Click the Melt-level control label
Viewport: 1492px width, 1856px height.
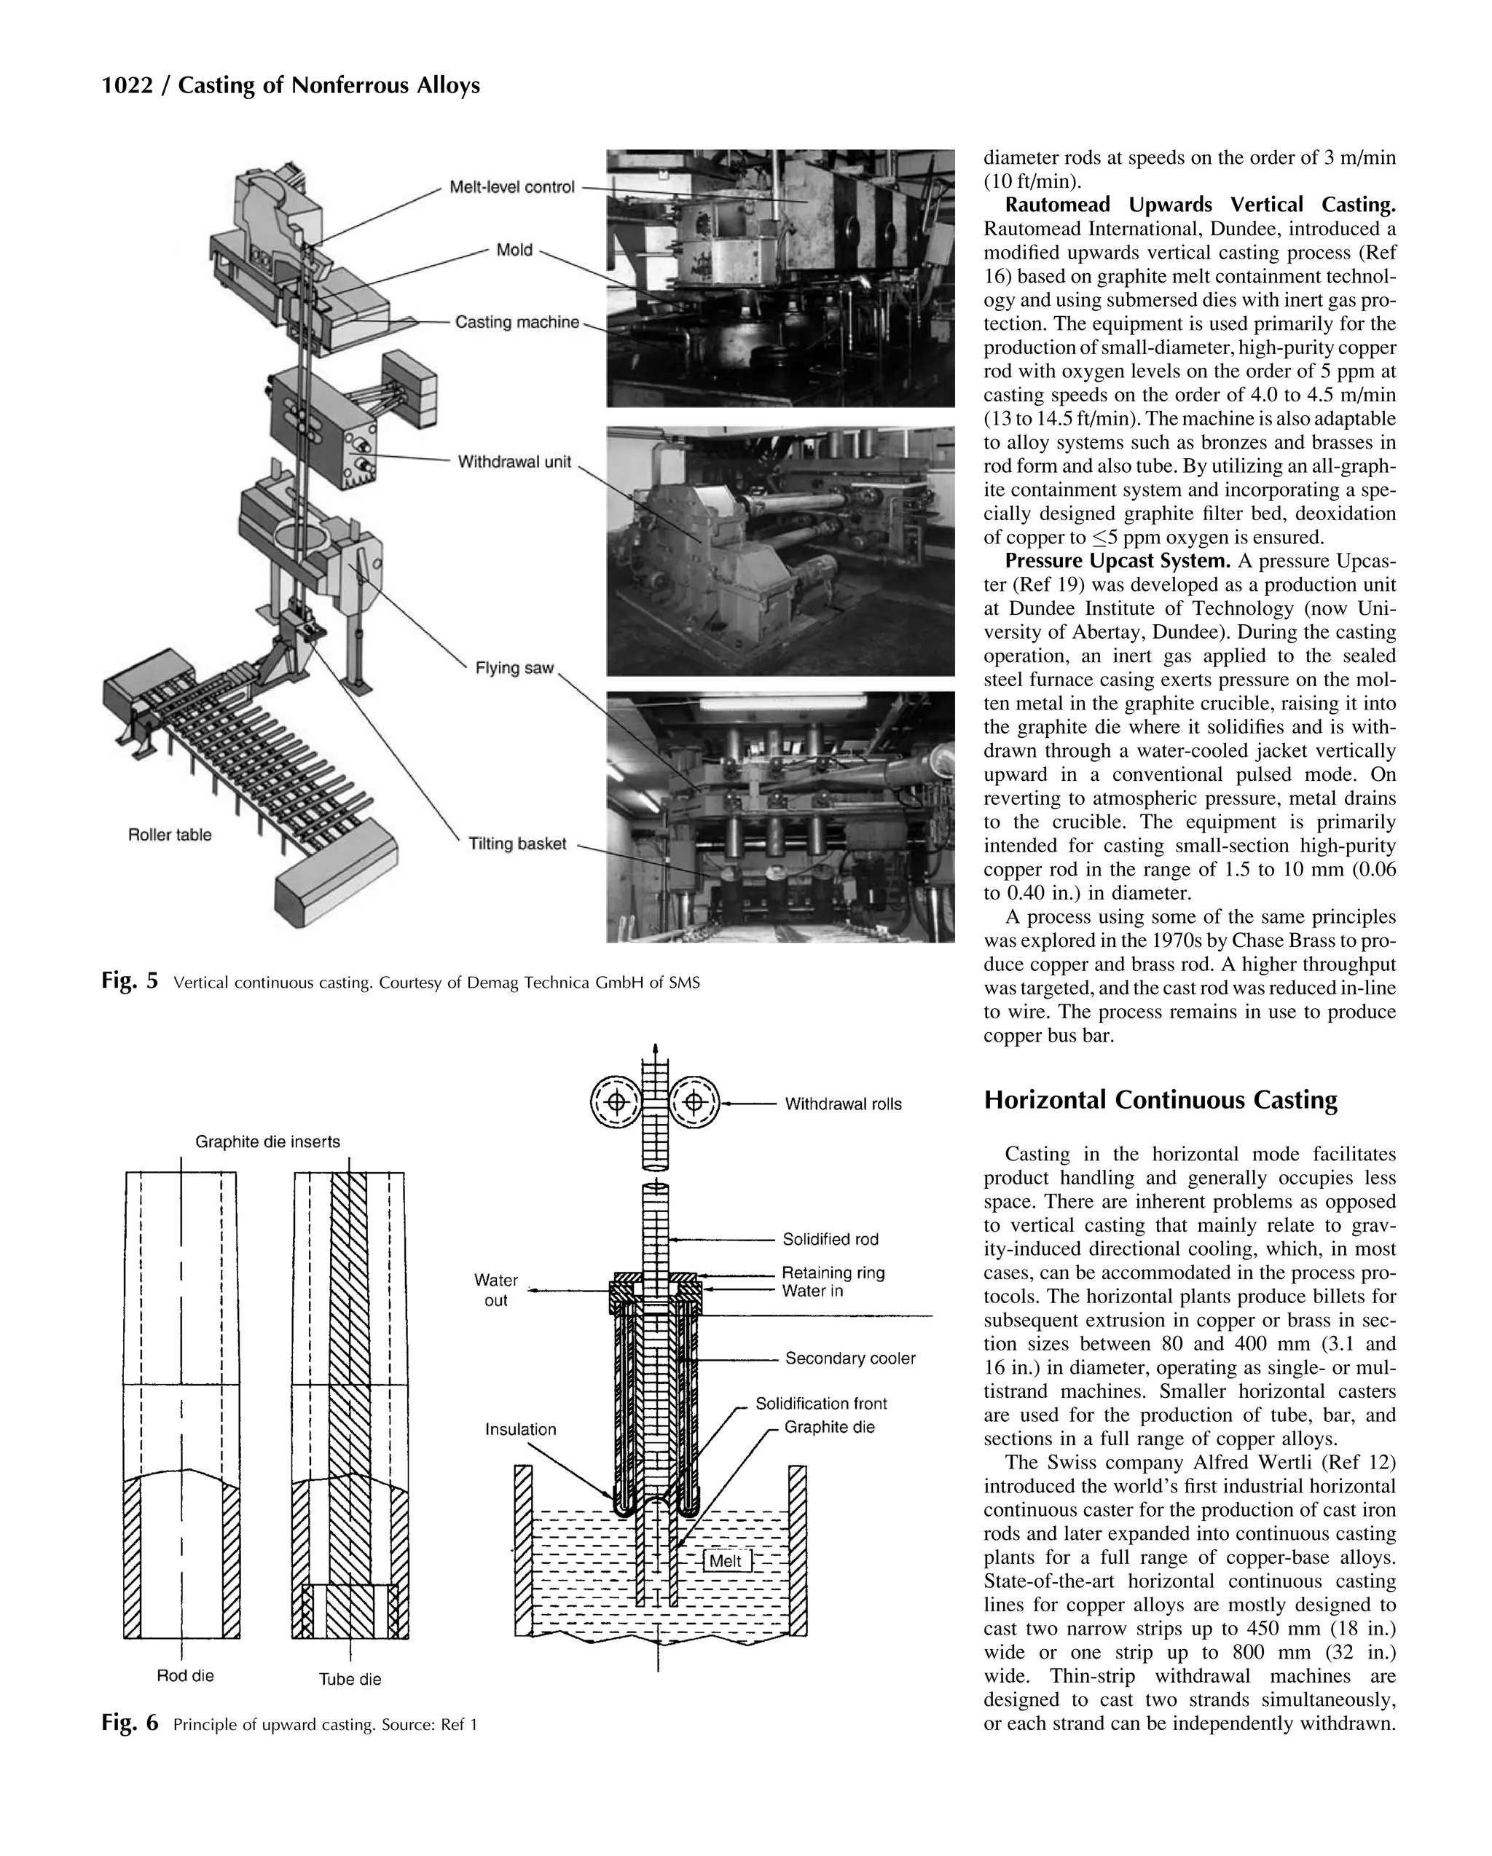(511, 186)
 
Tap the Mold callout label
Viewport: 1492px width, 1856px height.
(514, 250)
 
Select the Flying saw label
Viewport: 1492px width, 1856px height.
(514, 667)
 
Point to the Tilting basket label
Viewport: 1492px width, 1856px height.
(517, 843)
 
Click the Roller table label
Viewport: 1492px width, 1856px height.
(170, 834)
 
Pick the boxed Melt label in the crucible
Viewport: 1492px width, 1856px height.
(726, 1561)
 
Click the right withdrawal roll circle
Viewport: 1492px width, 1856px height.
(695, 1103)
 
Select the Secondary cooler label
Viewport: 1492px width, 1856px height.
(849, 1358)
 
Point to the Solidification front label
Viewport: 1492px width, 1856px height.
(820, 1403)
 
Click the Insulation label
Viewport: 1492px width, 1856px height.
(520, 1429)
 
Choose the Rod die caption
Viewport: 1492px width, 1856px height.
(185, 1675)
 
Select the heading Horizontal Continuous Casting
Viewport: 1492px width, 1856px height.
(1160, 1100)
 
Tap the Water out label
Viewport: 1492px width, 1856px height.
(496, 1289)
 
